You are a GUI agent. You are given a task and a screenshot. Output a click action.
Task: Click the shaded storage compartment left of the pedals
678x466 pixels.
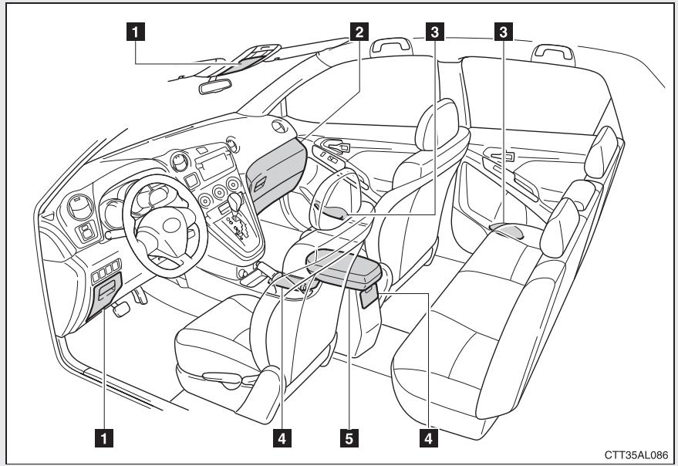pyautogui.click(x=103, y=297)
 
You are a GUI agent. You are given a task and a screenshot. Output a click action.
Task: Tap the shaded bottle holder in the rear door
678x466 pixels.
pyautogui.click(x=506, y=229)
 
